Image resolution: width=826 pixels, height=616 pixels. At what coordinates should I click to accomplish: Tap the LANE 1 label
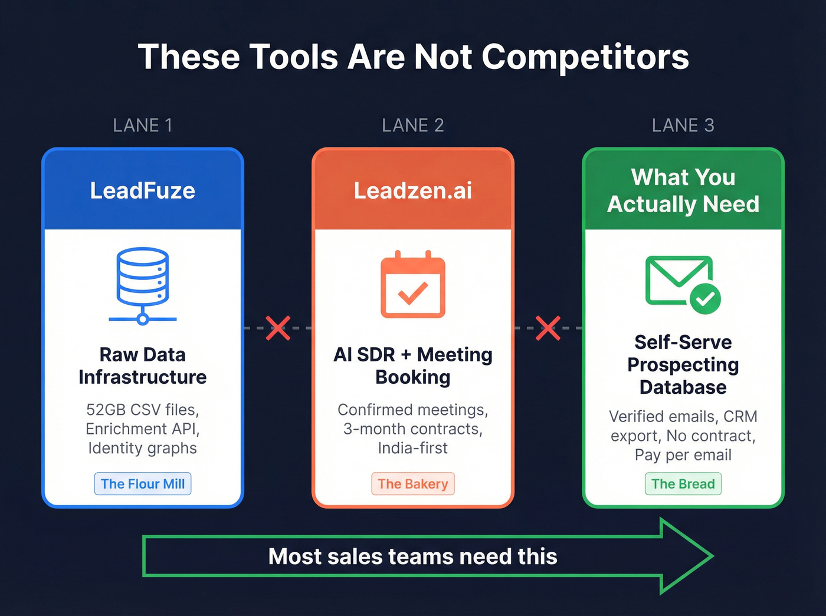pos(143,125)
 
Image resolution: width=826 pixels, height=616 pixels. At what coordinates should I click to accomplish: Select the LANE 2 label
pos(413,125)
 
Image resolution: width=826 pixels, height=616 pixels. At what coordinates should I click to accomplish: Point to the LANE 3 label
pos(683,125)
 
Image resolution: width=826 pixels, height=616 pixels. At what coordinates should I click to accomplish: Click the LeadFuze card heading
pos(143,190)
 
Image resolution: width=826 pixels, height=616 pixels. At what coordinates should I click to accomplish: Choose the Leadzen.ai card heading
pos(413,190)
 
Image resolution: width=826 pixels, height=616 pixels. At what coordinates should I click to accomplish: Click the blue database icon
pos(143,286)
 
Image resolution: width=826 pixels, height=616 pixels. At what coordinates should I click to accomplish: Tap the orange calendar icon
pos(413,284)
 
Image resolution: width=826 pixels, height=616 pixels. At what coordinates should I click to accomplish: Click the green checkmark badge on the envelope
pos(705,299)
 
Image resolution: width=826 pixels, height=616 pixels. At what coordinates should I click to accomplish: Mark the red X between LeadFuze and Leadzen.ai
pos(278,328)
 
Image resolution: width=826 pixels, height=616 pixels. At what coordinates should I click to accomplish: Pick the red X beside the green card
pos(548,328)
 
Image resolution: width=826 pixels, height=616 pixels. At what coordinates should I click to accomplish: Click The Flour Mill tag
pos(143,484)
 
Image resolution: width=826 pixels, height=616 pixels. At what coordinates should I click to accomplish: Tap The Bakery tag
pos(413,484)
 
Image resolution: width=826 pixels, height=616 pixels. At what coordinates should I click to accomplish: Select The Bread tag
pos(683,484)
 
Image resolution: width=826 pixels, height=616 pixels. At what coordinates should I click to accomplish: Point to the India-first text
pos(413,448)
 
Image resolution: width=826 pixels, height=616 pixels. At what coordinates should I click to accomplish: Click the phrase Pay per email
pos(683,454)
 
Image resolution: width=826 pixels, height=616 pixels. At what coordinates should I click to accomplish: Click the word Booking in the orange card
pos(413,377)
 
